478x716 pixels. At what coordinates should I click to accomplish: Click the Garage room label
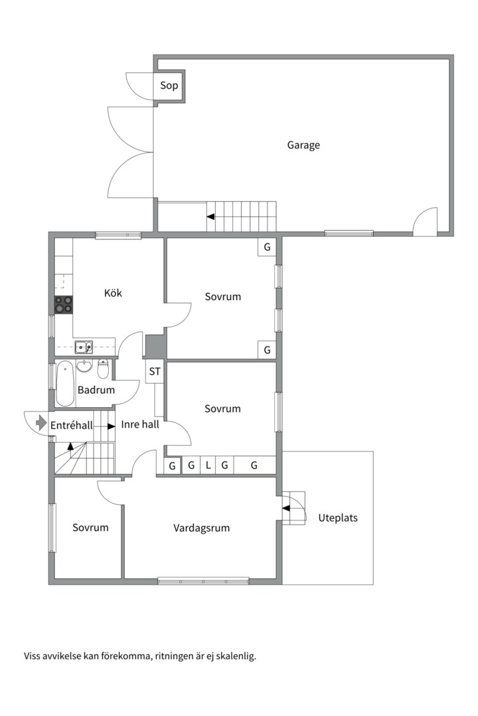(x=303, y=145)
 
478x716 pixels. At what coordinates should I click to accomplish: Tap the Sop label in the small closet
(x=169, y=86)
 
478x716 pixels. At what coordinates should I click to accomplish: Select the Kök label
(x=113, y=293)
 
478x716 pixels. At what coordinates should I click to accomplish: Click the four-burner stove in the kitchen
(x=64, y=304)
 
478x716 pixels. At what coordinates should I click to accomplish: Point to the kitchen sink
(x=84, y=347)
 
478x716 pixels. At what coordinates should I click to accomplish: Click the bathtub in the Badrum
(x=65, y=384)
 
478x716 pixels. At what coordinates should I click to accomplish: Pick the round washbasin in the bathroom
(x=84, y=366)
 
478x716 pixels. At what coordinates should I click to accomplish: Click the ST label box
(x=155, y=371)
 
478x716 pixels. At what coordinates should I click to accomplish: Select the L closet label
(x=208, y=465)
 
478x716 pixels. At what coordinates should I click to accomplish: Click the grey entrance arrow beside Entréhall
(x=41, y=422)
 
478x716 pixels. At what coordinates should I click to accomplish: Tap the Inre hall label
(x=140, y=424)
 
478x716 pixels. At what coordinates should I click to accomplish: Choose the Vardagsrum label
(x=201, y=528)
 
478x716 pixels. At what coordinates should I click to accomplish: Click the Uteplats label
(x=338, y=518)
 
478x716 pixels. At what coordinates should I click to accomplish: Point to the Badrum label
(x=96, y=390)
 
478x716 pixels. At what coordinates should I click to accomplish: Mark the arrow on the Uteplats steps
(x=286, y=508)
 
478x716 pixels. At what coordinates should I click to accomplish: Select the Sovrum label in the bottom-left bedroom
(x=90, y=528)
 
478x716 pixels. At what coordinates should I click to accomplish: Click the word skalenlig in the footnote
(x=238, y=656)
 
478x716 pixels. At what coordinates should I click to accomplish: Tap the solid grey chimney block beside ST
(x=155, y=347)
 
